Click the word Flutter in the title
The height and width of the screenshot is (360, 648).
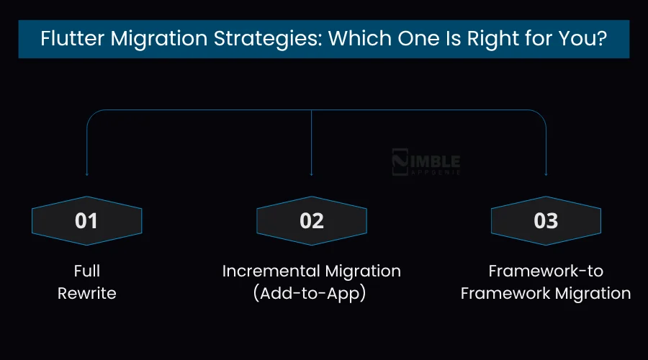pyautogui.click(x=66, y=39)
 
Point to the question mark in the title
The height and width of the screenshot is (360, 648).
pyautogui.click(x=602, y=39)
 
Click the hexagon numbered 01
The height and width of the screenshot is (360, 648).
pyautogui.click(x=86, y=220)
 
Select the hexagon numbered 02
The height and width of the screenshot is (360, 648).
pyautogui.click(x=312, y=220)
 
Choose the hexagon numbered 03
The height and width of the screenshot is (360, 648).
pyautogui.click(x=546, y=220)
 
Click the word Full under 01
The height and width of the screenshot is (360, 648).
pyautogui.click(x=86, y=271)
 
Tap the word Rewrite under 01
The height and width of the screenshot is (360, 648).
pyautogui.click(x=86, y=294)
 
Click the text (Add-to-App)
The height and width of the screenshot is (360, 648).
pyautogui.click(x=311, y=294)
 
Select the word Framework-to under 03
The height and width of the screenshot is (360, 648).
pyautogui.click(x=546, y=271)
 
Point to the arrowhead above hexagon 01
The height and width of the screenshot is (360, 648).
pyautogui.click(x=86, y=174)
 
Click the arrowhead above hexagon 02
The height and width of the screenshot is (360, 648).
pyautogui.click(x=311, y=174)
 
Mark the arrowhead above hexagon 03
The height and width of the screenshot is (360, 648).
pyautogui.click(x=546, y=174)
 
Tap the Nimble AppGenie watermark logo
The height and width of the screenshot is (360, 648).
pyautogui.click(x=426, y=163)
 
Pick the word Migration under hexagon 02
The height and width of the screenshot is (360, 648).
pyautogui.click(x=363, y=271)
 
